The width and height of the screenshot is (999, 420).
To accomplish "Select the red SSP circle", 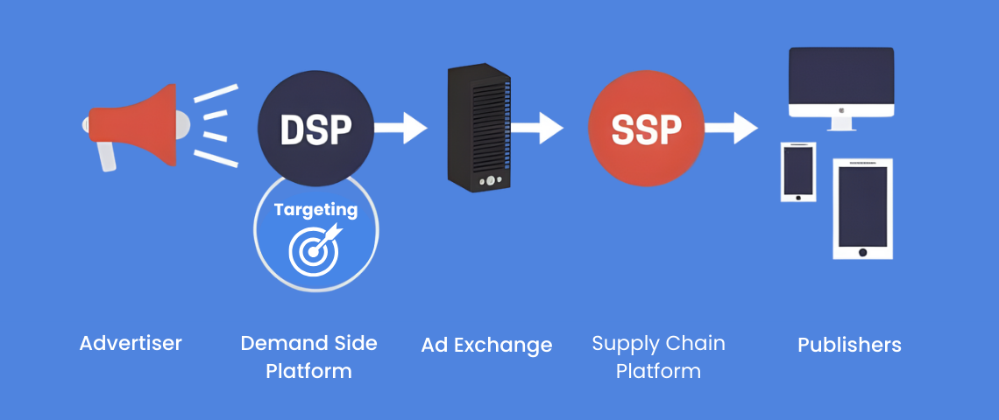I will tap(647, 129).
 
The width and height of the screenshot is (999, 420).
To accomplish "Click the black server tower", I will tap(478, 127).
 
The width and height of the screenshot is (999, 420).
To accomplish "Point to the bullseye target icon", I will tap(314, 247).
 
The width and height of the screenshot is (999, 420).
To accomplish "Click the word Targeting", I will tap(315, 210).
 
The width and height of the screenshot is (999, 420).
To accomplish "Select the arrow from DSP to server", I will tap(400, 128).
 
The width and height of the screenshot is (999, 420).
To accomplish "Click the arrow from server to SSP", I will tap(536, 128).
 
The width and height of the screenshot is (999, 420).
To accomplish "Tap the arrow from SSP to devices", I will tap(730, 128).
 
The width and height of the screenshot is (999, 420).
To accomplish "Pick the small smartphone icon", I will tap(797, 172).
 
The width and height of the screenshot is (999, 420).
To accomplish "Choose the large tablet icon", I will tap(862, 208).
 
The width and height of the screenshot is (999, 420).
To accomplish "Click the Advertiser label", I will tap(131, 343).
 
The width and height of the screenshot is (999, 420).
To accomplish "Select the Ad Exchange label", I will tap(486, 345).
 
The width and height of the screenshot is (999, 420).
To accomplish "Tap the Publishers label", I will tap(849, 345).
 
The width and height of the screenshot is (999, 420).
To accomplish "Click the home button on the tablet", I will tap(862, 252).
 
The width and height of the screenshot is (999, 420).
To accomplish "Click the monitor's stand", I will tap(841, 124).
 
